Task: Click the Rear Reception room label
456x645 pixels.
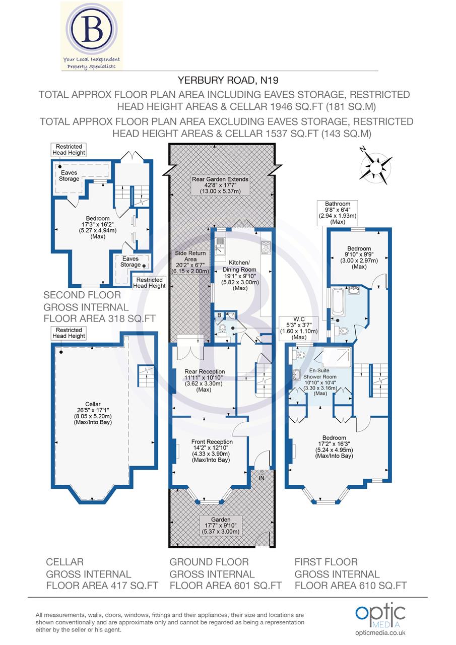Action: tap(204, 380)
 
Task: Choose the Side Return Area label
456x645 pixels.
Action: tap(188, 262)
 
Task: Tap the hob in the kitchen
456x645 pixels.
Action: tap(266, 247)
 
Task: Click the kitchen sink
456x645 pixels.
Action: tap(220, 245)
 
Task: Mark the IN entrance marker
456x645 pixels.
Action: tap(262, 477)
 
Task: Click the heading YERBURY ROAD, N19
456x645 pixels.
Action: tap(228, 80)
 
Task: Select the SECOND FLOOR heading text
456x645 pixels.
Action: tap(82, 296)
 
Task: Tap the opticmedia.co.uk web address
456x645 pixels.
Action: tap(380, 633)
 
